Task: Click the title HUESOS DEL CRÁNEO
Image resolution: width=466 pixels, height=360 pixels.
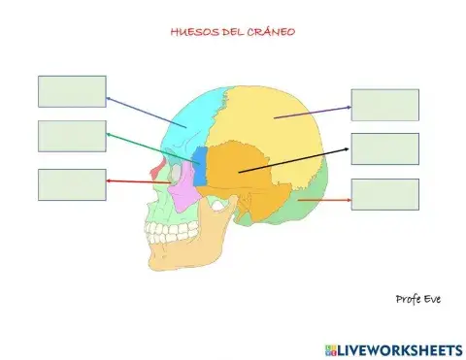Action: coord(232,31)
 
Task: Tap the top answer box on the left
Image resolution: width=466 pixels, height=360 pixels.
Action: coord(72,91)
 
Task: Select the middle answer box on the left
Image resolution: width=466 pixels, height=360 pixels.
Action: coord(72,136)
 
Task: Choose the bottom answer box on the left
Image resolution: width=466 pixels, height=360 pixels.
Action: coord(72,184)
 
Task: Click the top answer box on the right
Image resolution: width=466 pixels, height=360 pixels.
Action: coord(384,105)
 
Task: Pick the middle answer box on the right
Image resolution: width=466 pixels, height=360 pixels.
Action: coord(384,148)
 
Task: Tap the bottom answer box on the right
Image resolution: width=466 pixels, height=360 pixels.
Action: coord(384,194)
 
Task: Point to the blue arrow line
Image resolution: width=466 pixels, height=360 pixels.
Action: coord(146,112)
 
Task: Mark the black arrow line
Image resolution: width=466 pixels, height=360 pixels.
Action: coord(291,161)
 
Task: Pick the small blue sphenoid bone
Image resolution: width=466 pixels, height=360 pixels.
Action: coord(200,165)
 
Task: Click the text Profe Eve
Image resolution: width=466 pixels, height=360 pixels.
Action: coord(418,298)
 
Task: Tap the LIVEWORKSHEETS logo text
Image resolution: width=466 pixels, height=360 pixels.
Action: coord(399,347)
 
